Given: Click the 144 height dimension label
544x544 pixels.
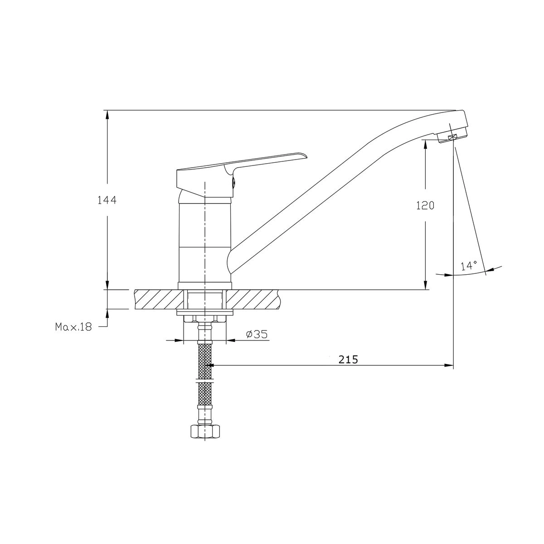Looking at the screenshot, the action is click(107, 200).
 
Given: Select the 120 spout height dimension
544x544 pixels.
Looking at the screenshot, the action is click(425, 206).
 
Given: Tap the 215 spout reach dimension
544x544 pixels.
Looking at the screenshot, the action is click(348, 359).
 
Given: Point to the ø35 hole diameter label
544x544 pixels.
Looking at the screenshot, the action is click(257, 334).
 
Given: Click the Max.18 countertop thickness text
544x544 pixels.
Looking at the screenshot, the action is click(74, 327).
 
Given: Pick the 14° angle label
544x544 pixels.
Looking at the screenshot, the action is click(469, 266).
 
